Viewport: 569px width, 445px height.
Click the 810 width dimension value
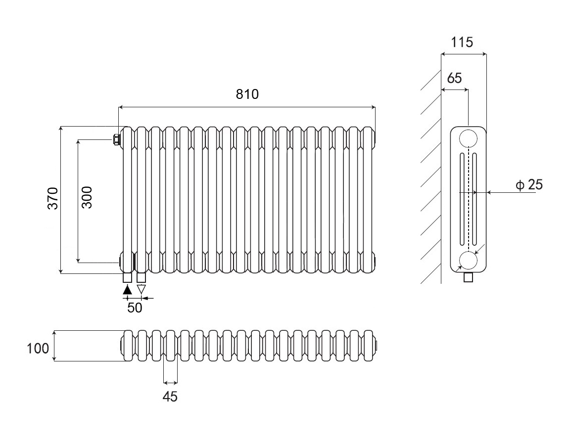[247, 94]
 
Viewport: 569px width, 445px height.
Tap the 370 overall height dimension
[53, 198]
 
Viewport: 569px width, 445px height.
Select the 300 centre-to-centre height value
[87, 197]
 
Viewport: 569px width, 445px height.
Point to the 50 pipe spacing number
[135, 308]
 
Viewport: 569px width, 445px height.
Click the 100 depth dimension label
[38, 348]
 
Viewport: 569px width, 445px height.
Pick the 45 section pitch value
[170, 396]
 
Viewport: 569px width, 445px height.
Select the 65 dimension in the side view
[454, 78]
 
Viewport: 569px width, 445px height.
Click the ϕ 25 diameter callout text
[529, 185]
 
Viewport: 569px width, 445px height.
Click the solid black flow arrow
[127, 290]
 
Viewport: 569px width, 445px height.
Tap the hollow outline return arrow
[142, 290]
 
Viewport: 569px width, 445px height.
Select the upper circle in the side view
[468, 138]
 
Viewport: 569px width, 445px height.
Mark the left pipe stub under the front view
[127, 277]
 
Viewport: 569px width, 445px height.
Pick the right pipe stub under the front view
[141, 277]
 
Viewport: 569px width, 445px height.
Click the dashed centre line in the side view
[468, 198]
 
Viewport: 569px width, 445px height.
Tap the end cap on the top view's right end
[377, 345]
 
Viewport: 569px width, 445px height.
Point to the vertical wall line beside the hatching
[441, 198]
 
